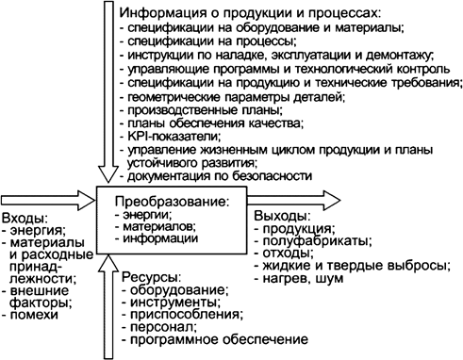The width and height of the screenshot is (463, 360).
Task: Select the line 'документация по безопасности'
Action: click(217, 175)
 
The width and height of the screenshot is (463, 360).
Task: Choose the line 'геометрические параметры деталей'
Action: click(232, 95)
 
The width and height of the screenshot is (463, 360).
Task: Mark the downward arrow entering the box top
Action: click(106, 94)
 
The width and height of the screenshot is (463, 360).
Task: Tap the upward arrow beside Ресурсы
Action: click(106, 302)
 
